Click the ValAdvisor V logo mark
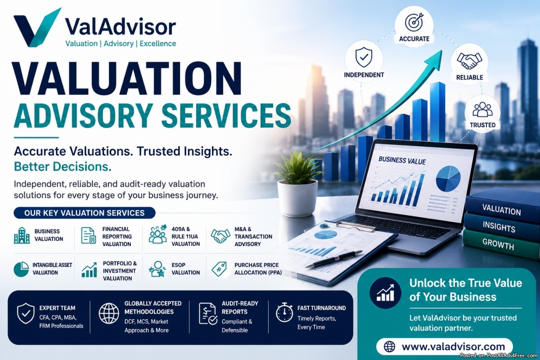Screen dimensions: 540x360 (x=36, y=28)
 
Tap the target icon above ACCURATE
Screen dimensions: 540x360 (x=414, y=22)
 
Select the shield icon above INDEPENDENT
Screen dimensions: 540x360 (x=364, y=58)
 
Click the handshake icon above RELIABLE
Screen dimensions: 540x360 (x=469, y=60)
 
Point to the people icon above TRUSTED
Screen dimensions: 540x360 (x=482, y=109)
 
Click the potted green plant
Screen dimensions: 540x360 (x=297, y=183)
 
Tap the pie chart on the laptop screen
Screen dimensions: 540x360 (x=448, y=179)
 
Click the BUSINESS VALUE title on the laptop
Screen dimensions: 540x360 (x=402, y=161)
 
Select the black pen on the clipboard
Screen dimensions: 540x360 (x=334, y=258)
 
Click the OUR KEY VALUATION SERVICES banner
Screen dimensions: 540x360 (x=85, y=213)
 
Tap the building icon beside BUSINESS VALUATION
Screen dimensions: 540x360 (x=22, y=235)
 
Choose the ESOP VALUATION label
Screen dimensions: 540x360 (x=185, y=269)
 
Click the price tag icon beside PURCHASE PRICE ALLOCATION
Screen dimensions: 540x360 (x=219, y=269)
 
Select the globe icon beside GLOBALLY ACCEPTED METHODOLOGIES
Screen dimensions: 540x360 (x=109, y=314)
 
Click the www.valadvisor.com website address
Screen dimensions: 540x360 (x=453, y=347)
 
